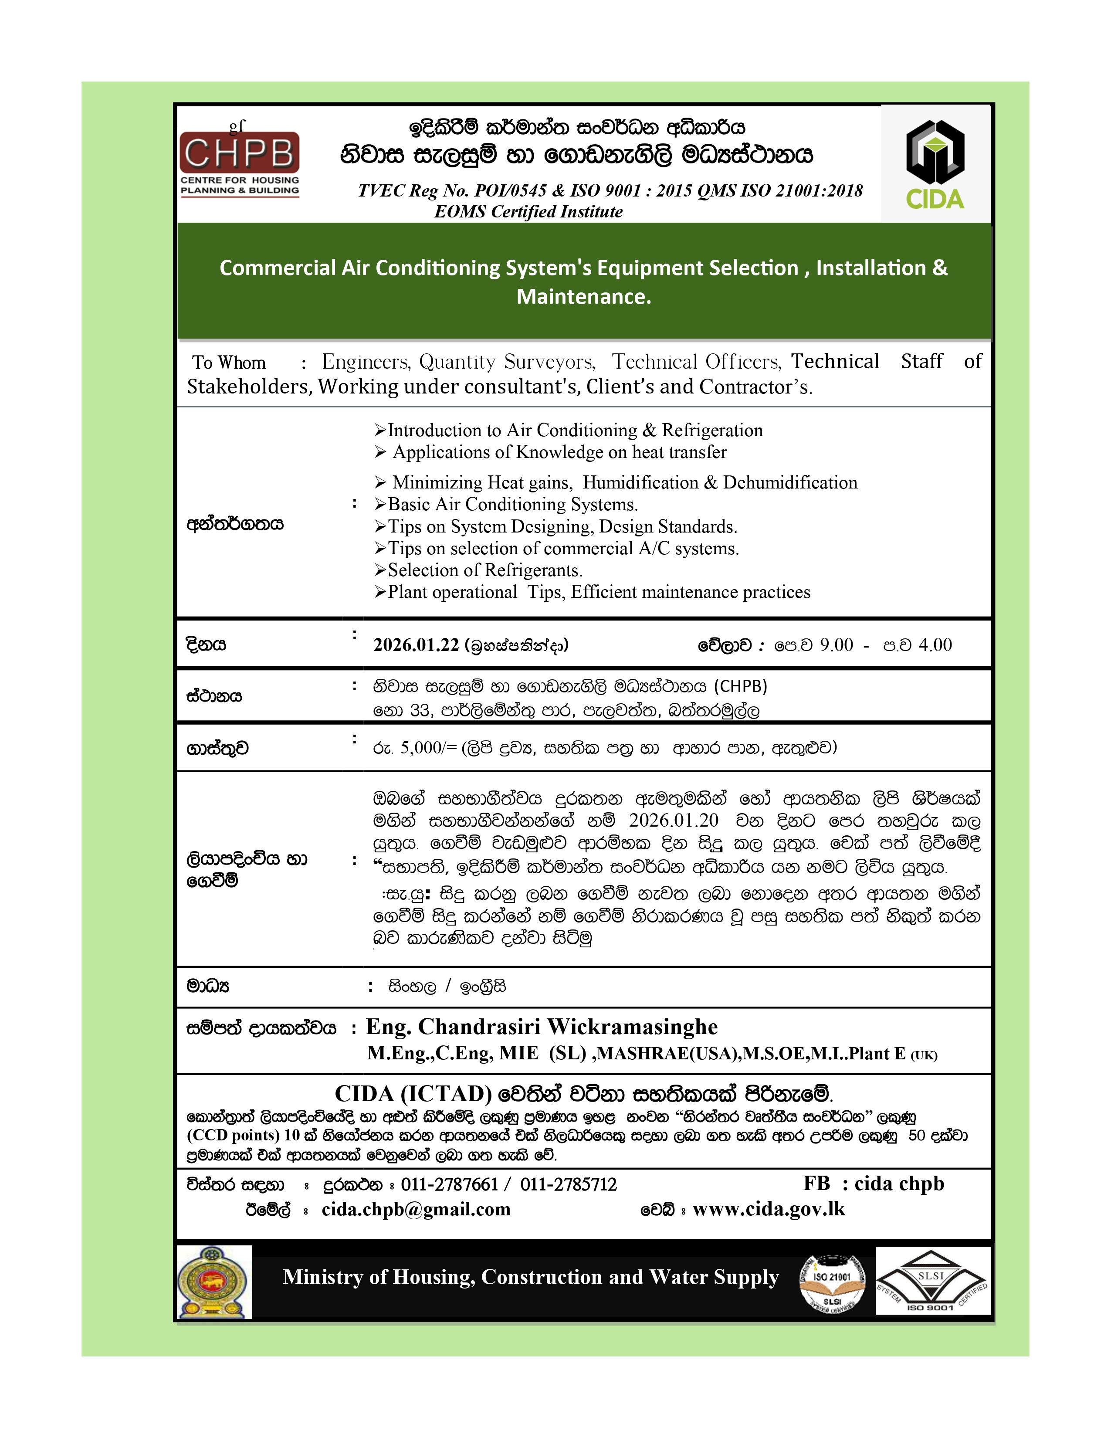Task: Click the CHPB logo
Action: click(240, 163)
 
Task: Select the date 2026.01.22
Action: click(416, 645)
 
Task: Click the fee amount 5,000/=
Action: click(428, 747)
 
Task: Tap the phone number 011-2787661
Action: click(450, 1184)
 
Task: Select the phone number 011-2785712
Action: click(569, 1184)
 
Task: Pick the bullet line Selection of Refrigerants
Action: click(484, 570)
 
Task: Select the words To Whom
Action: click(229, 363)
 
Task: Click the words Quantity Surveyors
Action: click(507, 362)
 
